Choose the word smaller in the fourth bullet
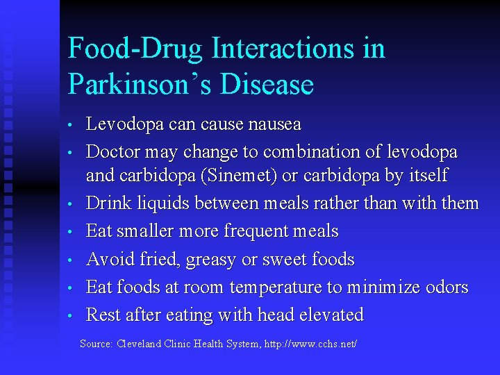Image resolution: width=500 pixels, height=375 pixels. pyautogui.click(x=145, y=231)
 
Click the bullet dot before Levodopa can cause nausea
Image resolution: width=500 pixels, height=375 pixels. pyautogui.click(x=71, y=126)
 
